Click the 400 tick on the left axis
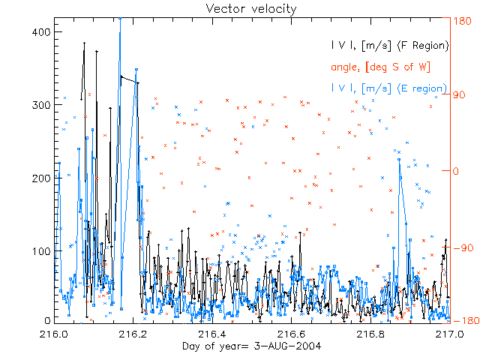(40, 32)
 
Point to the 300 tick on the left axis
(40, 106)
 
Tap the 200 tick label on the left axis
(40, 178)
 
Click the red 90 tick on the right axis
(459, 96)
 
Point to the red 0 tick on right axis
(455, 171)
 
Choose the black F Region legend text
(390, 46)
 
